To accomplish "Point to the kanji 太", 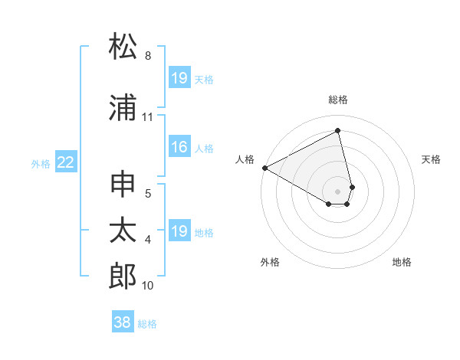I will click(x=123, y=231).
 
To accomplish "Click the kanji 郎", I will click(x=123, y=276).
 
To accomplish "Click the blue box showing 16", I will click(x=179, y=148).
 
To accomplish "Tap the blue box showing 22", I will click(x=66, y=162).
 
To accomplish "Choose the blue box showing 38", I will click(x=122, y=322).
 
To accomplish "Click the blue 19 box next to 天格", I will click(x=179, y=78).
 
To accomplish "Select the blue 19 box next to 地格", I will click(x=179, y=231).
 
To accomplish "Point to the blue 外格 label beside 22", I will click(x=41, y=163).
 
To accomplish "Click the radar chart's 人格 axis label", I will click(x=245, y=159).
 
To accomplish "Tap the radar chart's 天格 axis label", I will click(x=431, y=159).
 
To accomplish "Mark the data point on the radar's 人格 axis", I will click(x=264, y=168).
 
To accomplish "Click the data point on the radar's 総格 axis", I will click(x=338, y=131).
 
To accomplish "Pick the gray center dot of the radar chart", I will click(x=338, y=191).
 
